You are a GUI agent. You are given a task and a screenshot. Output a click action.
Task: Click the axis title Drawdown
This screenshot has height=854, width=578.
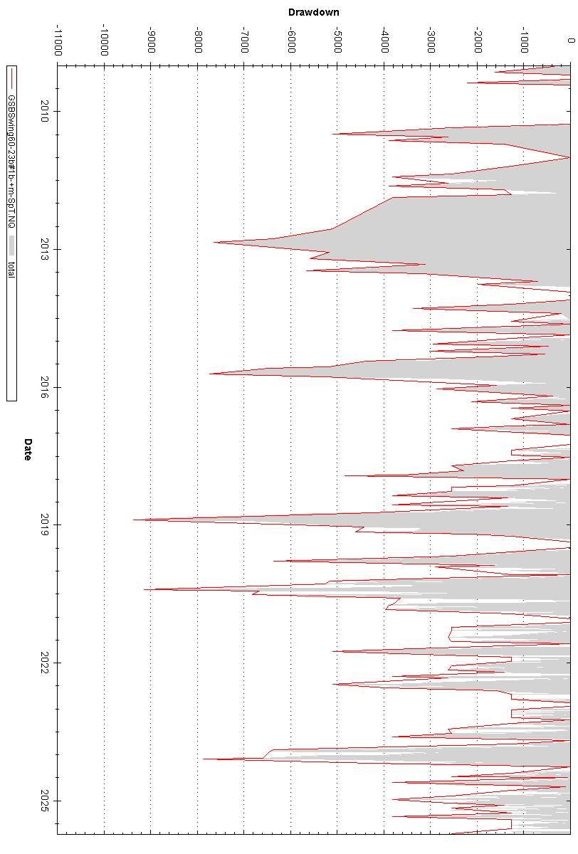tap(313, 12)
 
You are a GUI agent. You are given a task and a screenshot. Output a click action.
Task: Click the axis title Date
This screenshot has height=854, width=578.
tap(28, 450)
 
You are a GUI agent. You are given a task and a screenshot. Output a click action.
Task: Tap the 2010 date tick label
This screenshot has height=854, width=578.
tap(45, 111)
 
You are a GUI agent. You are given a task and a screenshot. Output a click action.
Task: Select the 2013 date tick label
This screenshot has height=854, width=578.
tap(45, 249)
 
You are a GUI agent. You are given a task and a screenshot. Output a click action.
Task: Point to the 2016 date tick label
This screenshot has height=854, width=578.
tap(45, 387)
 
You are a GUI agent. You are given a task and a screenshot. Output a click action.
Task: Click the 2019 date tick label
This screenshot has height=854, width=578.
tap(45, 525)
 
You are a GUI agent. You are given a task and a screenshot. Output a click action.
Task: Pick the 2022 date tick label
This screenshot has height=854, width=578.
tap(45, 663)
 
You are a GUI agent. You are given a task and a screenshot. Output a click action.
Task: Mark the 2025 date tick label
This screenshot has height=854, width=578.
tap(45, 801)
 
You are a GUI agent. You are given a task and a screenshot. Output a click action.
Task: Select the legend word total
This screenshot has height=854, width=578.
tap(11, 269)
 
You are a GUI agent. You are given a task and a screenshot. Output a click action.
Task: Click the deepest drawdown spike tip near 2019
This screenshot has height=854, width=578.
tap(134, 520)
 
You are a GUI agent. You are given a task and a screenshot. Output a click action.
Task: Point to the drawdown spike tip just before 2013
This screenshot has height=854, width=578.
tap(214, 242)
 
